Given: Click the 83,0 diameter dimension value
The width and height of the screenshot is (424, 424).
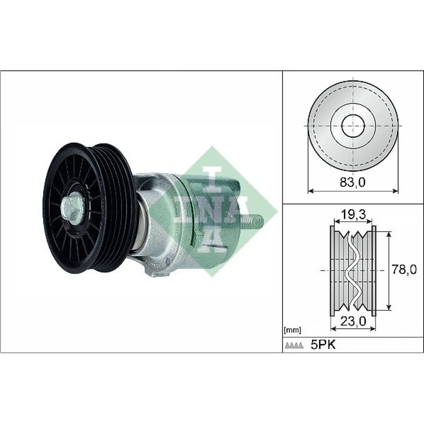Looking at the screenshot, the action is point(352,182).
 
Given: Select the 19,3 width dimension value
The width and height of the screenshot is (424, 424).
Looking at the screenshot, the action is point(353,215).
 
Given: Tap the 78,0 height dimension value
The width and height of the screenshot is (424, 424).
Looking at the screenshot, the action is point(404,270).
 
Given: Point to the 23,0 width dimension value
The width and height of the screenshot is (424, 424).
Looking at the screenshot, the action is point(353,321).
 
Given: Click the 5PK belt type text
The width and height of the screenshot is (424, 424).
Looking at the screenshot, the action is point(323,345).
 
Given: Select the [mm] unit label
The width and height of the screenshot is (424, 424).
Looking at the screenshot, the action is point(292,330).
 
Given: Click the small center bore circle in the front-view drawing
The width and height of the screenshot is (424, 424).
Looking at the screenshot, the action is point(353,126).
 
